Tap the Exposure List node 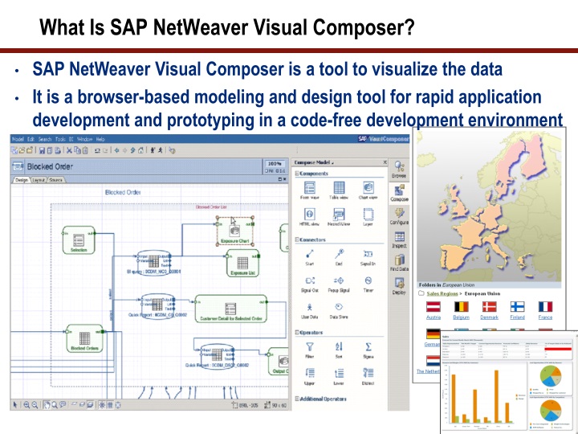tap(242, 264)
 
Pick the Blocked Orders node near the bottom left tap(83, 338)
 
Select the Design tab tap(22, 180)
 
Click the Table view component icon tap(338, 188)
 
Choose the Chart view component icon tap(368, 188)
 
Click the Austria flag tap(433, 306)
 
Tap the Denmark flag tap(489, 306)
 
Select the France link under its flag tap(545, 317)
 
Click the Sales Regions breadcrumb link tap(447, 294)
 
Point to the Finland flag tap(517, 306)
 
